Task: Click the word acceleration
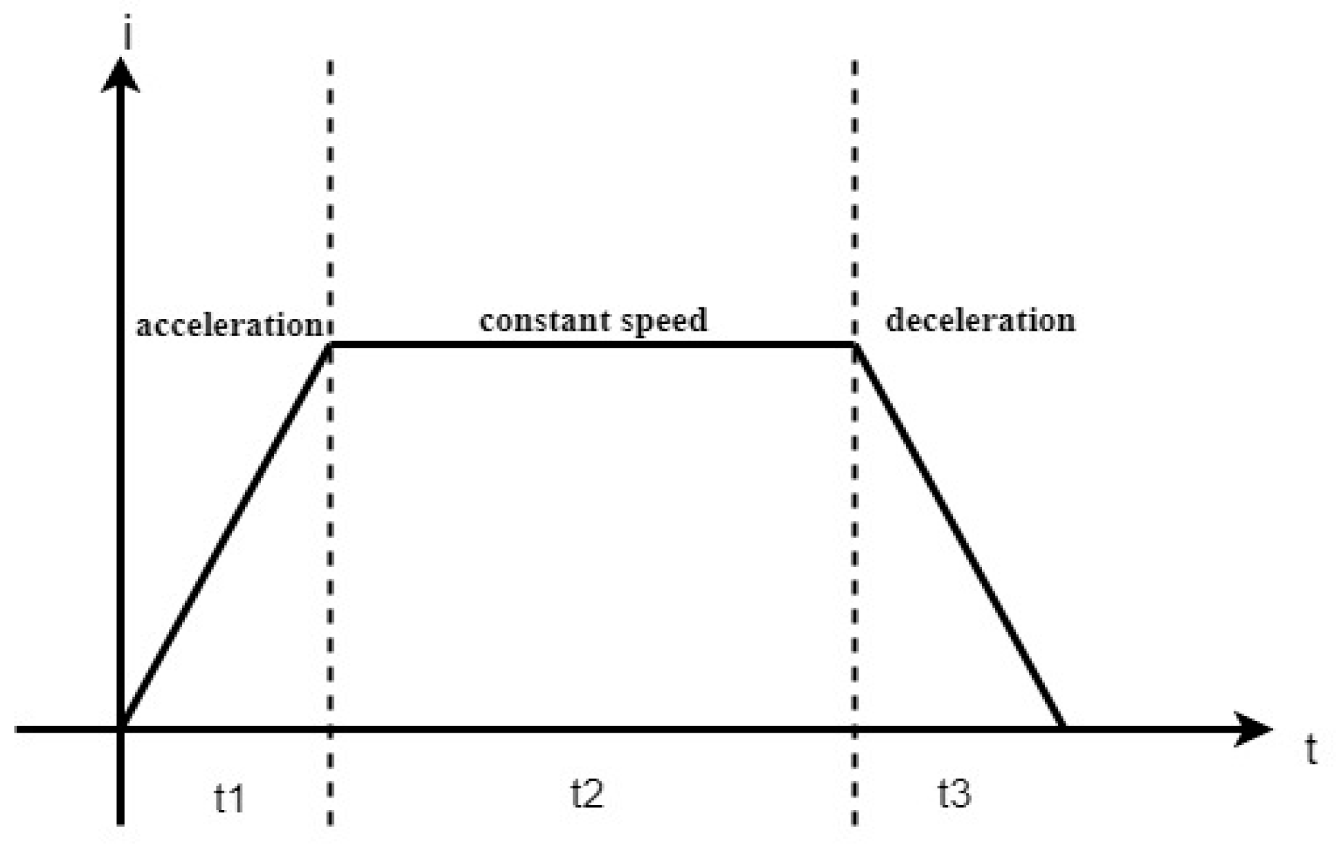227,325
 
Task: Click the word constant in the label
537,320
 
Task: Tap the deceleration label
980,320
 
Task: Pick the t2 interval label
587,794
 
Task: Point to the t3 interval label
954,794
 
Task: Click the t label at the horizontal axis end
1311,751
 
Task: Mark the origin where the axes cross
121,728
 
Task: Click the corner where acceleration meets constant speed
331,344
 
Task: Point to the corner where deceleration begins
855,344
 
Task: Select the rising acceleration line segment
226,535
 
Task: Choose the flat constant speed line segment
592,344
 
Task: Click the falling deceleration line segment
959,535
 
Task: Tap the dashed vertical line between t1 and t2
331,205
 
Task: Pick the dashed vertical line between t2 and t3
855,205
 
